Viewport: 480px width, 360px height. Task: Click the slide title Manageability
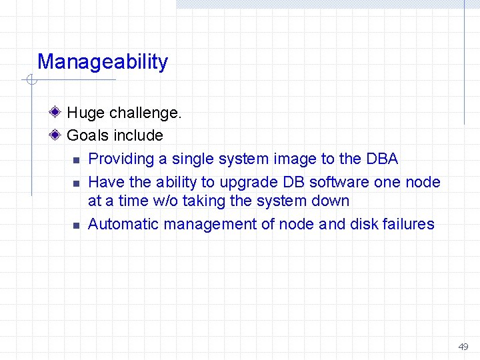(103, 62)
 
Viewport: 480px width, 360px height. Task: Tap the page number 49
(463, 347)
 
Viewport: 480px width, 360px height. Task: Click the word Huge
(86, 113)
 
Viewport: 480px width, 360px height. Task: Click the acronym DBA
(382, 159)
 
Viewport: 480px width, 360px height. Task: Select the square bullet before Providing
(75, 160)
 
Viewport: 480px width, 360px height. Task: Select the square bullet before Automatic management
(75, 225)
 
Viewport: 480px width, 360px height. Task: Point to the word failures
(408, 224)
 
